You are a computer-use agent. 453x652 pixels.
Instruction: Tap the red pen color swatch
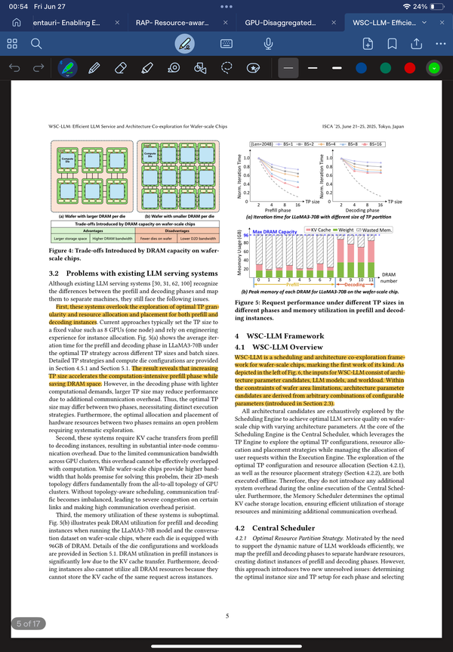click(409, 68)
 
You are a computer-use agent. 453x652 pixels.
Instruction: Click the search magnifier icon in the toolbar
click(35, 43)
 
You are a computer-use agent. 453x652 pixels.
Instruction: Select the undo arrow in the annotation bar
click(14, 68)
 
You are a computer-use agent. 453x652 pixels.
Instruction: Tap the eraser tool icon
click(120, 68)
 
